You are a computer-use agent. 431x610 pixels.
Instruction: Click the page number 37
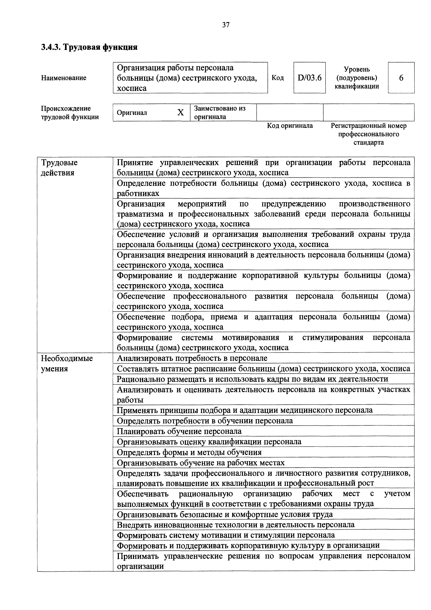click(226, 25)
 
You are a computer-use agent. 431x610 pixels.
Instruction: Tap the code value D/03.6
click(309, 78)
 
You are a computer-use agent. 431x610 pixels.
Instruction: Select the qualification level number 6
click(401, 78)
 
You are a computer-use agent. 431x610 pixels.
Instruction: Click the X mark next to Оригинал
click(180, 113)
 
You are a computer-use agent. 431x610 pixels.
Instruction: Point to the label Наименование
click(64, 78)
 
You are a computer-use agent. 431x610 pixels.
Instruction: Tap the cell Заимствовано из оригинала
click(220, 112)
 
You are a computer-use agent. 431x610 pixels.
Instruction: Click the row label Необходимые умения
click(67, 363)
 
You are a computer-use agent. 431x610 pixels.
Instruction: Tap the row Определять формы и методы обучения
click(189, 452)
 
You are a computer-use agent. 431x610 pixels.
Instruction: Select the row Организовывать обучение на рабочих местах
click(201, 463)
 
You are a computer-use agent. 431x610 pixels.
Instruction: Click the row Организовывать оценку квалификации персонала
click(209, 442)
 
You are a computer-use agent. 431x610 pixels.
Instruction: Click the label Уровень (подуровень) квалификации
click(357, 78)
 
